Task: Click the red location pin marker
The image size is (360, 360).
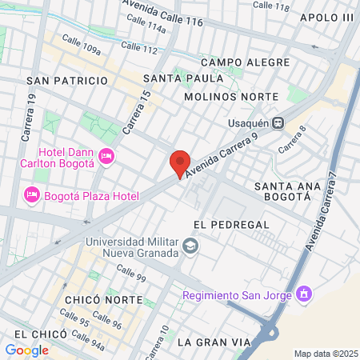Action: point(180,163)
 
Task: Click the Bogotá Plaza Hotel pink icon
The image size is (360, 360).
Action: point(33,194)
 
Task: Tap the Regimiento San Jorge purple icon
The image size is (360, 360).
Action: point(303,295)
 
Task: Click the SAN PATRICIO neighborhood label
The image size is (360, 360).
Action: point(66,81)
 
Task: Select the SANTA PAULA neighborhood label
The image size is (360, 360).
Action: point(177,78)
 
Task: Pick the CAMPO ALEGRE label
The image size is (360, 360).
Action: point(233,62)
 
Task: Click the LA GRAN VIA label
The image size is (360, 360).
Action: point(207,342)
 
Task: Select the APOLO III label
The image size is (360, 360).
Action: point(326,17)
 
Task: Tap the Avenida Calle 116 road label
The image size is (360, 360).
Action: point(163,13)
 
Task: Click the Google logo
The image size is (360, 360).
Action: point(26,350)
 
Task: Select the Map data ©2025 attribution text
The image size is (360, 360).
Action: point(326,354)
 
